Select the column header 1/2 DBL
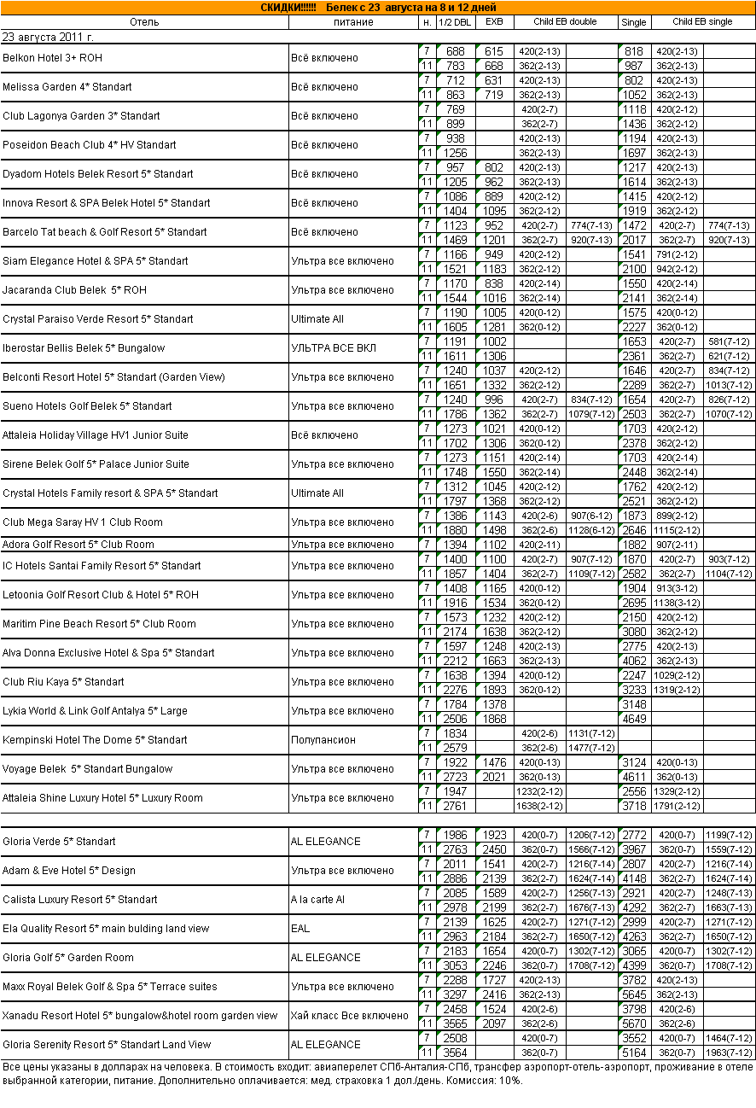tap(455, 21)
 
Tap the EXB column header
tap(494, 21)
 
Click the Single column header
tap(633, 21)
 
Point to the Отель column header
tap(144, 21)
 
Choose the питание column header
tap(352, 21)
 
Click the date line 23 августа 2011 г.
tap(48, 37)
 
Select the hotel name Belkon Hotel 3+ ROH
tap(52, 58)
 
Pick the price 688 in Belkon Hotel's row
tap(455, 51)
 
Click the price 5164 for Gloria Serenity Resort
tap(633, 1053)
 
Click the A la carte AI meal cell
tap(318, 900)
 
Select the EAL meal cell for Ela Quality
tap(300, 929)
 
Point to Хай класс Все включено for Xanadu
tap(350, 1016)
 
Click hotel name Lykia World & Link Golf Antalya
tap(95, 711)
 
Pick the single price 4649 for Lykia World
tap(633, 719)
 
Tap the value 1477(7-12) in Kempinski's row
tap(591, 748)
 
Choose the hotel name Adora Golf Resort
tap(79, 545)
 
